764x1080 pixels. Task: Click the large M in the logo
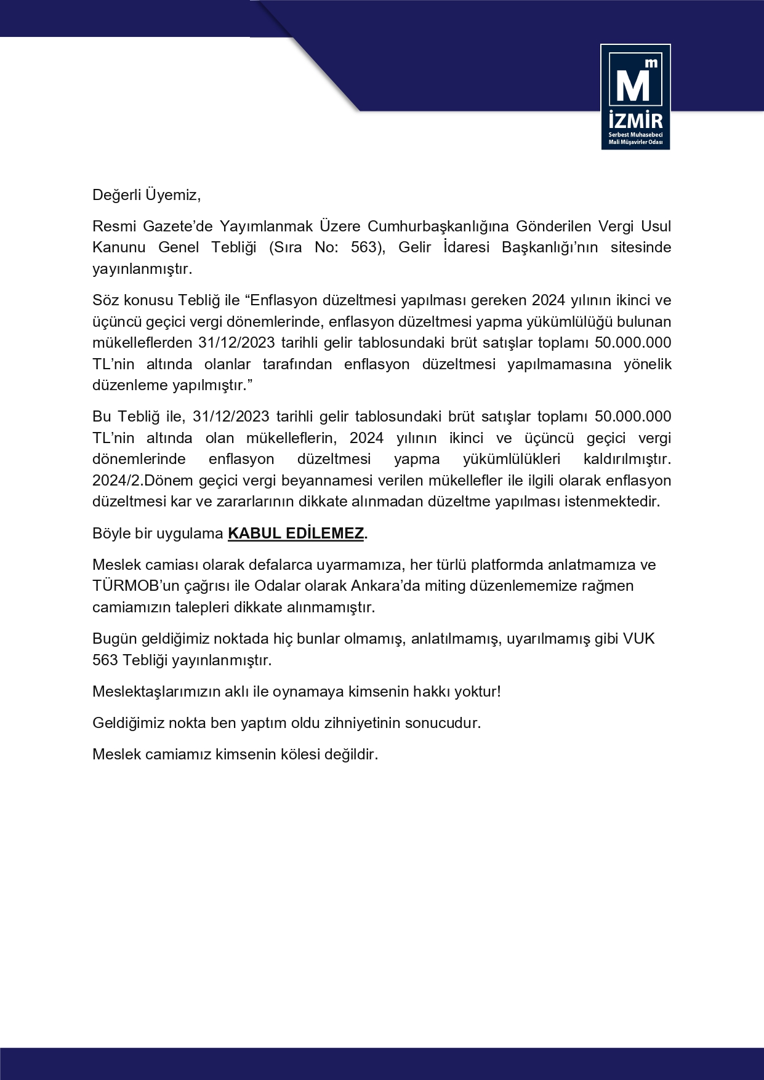[x=632, y=86]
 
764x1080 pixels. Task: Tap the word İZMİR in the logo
[x=635, y=119]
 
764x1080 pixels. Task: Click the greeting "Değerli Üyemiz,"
[x=147, y=195]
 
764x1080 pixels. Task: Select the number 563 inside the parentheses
[x=363, y=247]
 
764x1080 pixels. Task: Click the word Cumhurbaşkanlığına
[x=437, y=226]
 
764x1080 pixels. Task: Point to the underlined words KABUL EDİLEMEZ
[x=296, y=533]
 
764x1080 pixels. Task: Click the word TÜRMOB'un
[x=131, y=585]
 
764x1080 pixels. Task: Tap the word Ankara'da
[x=386, y=585]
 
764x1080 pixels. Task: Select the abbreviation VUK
[x=638, y=638]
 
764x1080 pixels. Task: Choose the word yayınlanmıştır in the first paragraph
[x=142, y=269]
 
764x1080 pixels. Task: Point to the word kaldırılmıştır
[x=627, y=459]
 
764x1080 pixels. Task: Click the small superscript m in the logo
[x=651, y=63]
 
